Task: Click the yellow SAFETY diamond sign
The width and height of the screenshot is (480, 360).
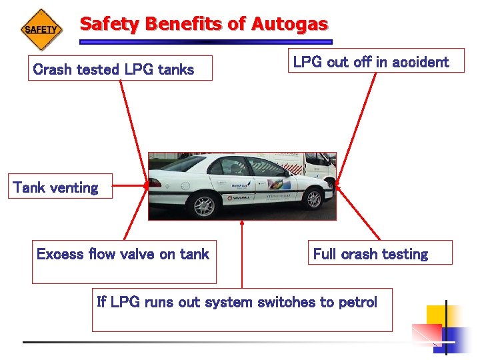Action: coord(41,30)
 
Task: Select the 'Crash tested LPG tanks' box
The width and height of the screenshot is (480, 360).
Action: coord(120,68)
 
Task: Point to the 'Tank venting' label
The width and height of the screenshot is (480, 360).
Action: coord(56,187)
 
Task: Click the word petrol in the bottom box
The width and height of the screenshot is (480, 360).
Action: coord(358,302)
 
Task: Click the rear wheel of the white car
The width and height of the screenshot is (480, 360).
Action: coord(204,207)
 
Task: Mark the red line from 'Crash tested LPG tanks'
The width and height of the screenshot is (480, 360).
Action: coord(133,126)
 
